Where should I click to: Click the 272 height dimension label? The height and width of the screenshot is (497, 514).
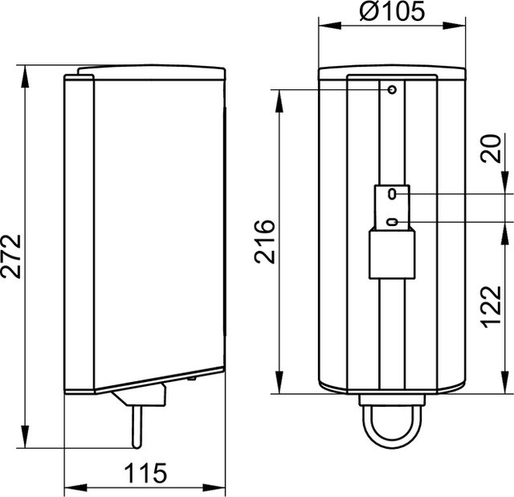point(11,257)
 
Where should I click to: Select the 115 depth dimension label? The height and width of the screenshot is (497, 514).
point(146,473)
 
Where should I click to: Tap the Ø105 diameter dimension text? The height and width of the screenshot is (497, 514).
point(392,10)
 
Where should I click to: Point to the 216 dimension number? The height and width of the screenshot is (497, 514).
point(264,241)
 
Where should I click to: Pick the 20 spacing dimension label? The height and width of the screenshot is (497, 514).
point(491,149)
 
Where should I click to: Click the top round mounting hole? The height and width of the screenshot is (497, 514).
point(392,89)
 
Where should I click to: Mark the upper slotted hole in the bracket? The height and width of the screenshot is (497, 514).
point(392,194)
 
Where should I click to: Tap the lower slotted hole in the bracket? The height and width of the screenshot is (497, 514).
point(392,222)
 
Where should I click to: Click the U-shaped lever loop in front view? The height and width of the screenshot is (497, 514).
point(392,446)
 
